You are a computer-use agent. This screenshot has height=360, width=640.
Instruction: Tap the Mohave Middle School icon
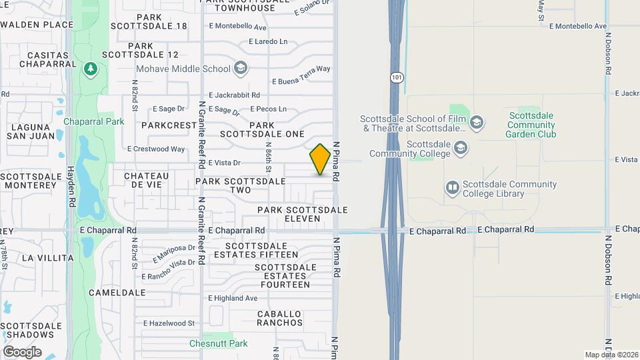pos(240,68)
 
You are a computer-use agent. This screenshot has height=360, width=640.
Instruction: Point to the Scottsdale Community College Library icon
pos(453,189)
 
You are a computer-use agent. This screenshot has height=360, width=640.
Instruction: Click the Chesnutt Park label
pos(218,343)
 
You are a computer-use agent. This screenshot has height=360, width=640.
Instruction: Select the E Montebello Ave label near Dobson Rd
pos(577,26)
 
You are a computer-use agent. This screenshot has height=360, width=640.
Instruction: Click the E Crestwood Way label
pos(156,149)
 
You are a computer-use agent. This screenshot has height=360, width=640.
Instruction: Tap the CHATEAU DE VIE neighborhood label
pos(147,180)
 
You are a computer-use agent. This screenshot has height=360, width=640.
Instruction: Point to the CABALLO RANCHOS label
pos(280,318)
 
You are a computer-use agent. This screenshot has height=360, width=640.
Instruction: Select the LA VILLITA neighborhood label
pos(47,257)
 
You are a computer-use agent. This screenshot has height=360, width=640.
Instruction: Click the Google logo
pos(22,351)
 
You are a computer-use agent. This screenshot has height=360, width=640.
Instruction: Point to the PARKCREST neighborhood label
pos(167,125)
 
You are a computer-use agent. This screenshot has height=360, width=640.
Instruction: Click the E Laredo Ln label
pos(268,41)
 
